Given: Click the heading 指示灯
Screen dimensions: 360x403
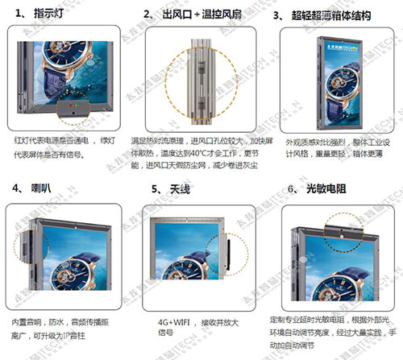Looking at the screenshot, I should point(51,14).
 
